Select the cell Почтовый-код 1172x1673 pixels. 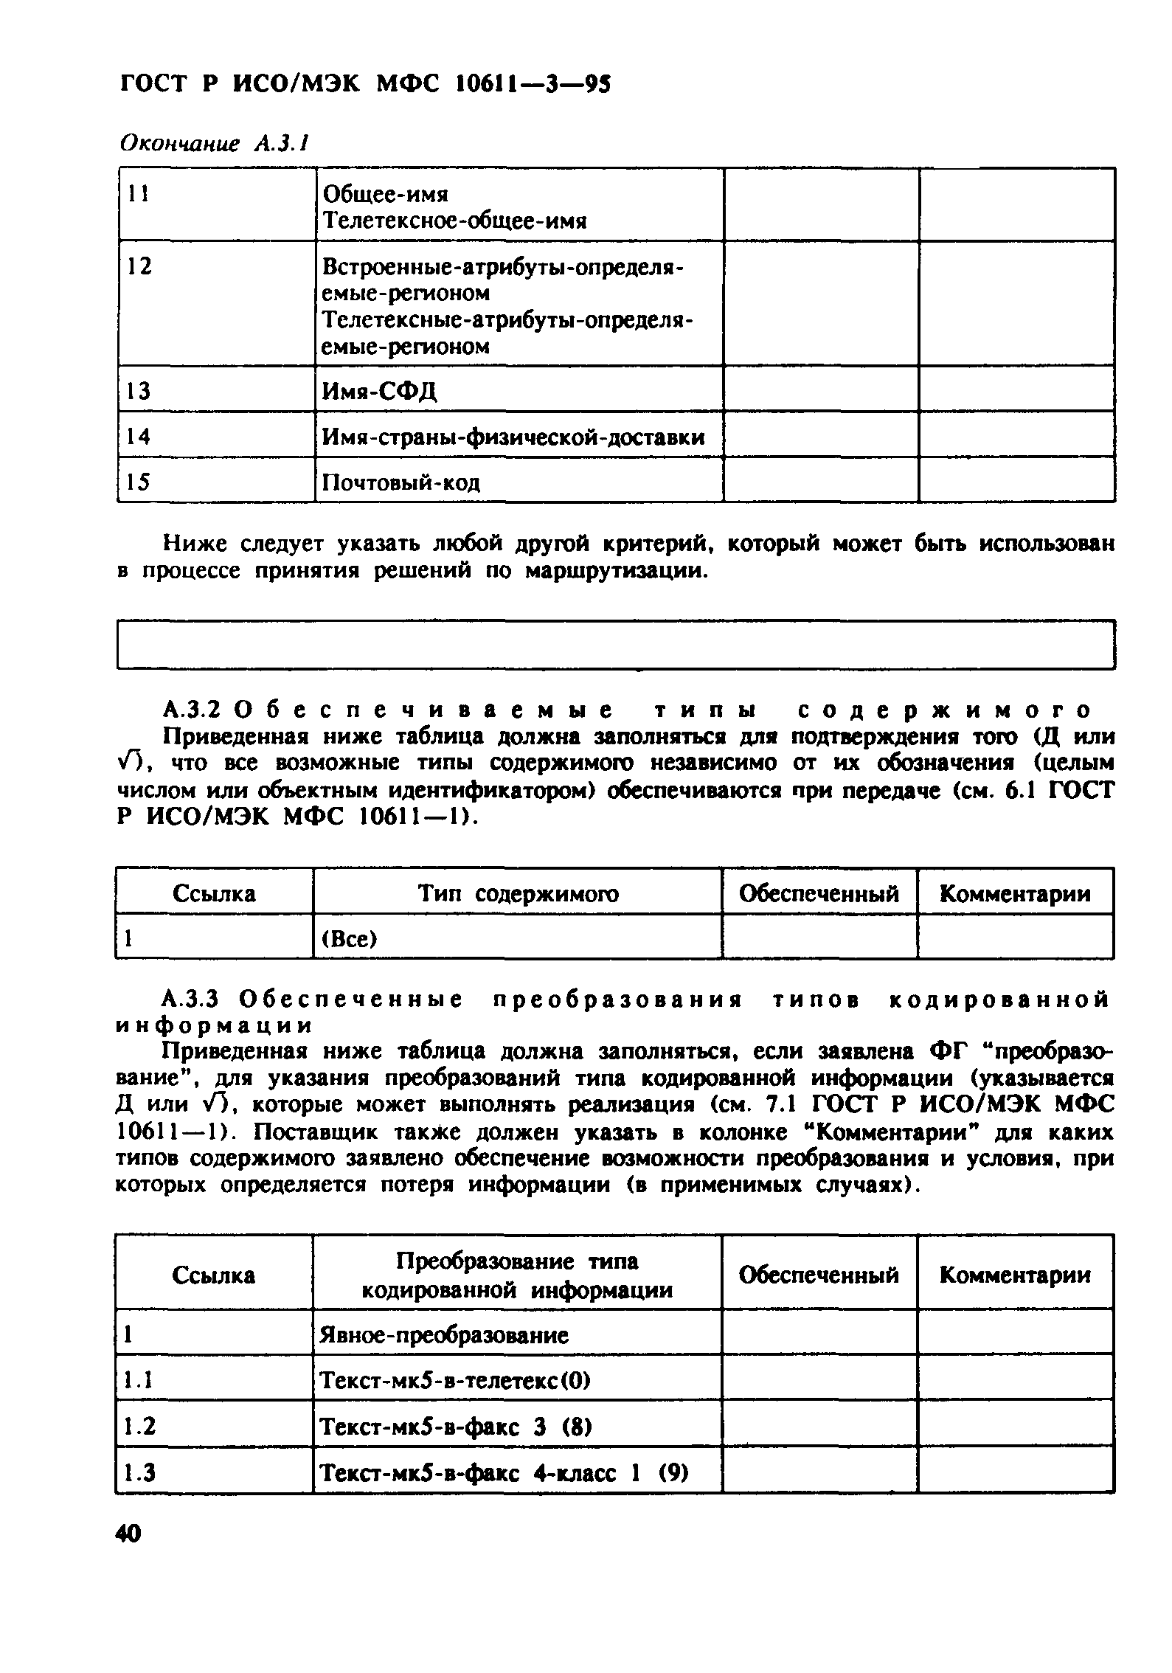tap(401, 482)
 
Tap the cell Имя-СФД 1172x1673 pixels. tap(380, 390)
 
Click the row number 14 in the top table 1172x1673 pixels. tap(138, 437)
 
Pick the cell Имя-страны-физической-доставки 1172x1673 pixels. tap(513, 437)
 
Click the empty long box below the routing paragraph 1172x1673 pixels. tap(615, 645)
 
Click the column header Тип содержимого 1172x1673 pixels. tap(519, 894)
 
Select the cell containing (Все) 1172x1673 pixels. tap(349, 939)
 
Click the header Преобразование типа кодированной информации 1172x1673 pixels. tap(517, 1275)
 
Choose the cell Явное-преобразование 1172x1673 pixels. tap(444, 1335)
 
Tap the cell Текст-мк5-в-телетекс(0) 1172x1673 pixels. tap(454, 1380)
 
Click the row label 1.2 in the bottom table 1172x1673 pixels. tap(139, 1426)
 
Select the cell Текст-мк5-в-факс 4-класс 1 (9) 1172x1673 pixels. tap(502, 1472)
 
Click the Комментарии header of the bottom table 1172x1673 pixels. tap(1015, 1275)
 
